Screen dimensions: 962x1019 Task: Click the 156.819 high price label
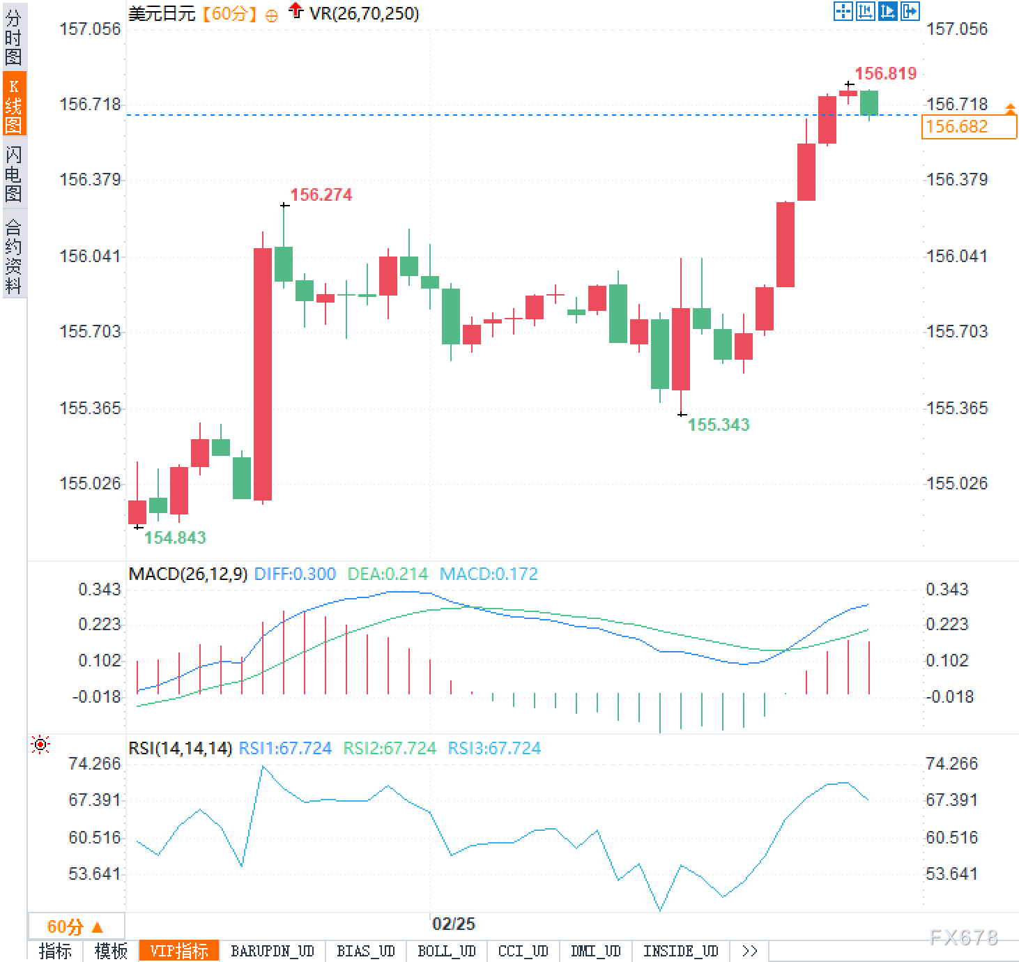click(885, 73)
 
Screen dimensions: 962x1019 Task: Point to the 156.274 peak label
click(321, 194)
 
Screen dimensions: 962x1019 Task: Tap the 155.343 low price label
click(718, 425)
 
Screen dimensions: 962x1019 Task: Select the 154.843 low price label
click(175, 537)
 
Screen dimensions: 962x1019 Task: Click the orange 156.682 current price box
click(968, 127)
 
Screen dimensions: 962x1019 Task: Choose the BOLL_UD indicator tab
click(446, 951)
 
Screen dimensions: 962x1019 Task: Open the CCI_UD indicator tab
click(523, 951)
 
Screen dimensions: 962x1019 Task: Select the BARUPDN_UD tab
click(273, 951)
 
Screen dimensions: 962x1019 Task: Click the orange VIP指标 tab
click(179, 951)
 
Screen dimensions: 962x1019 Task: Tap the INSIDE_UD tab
click(680, 951)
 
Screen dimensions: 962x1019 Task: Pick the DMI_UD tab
click(595, 951)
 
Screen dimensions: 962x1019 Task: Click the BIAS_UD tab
click(366, 951)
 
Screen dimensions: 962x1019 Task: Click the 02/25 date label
click(454, 924)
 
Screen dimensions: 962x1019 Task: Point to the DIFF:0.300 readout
click(295, 574)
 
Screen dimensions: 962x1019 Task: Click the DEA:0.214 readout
click(388, 574)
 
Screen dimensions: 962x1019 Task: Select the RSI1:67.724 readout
click(285, 748)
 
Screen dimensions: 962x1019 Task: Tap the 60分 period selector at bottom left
click(75, 926)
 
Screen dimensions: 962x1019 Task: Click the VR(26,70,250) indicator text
click(364, 13)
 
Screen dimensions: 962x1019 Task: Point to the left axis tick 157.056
click(90, 29)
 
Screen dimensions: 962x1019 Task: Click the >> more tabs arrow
click(750, 951)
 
